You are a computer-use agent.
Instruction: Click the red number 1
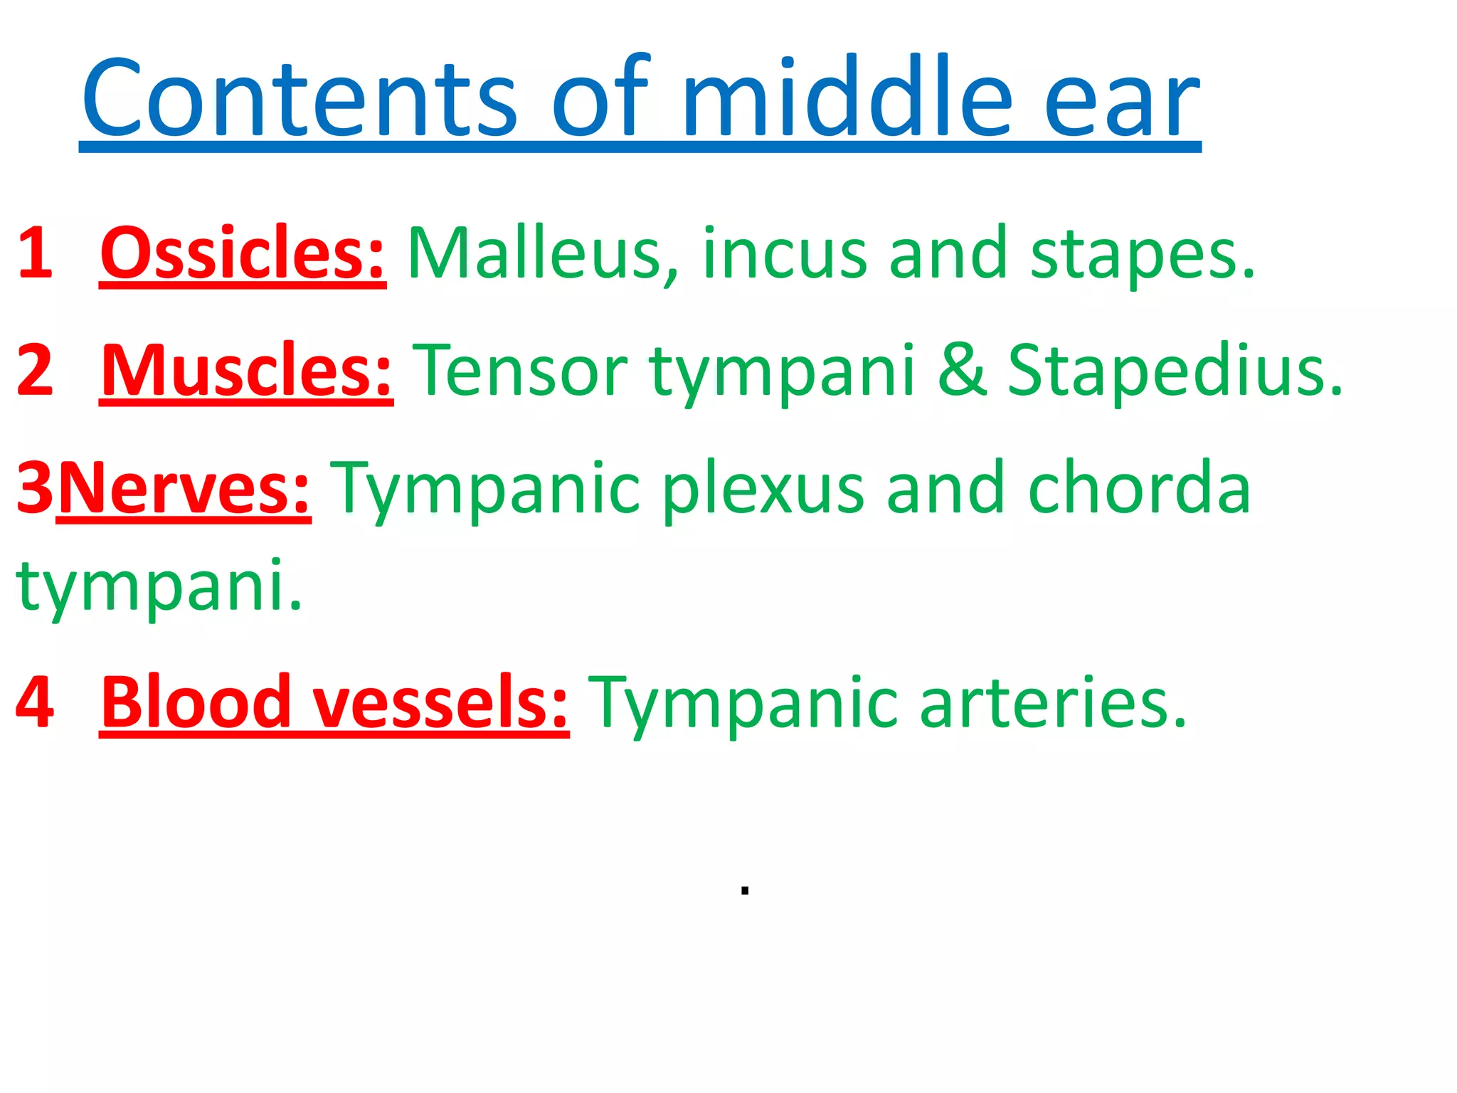(36, 253)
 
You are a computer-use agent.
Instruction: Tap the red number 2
(36, 370)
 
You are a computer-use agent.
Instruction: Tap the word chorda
(1139, 487)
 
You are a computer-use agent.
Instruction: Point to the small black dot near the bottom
(745, 890)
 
